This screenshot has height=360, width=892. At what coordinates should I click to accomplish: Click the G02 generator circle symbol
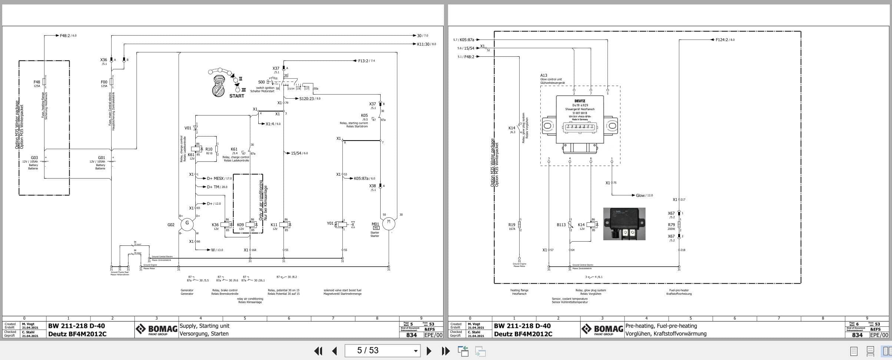click(x=187, y=224)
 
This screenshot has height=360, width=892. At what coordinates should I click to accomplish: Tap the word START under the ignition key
click(x=236, y=96)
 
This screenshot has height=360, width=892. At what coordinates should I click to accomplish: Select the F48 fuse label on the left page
click(x=37, y=82)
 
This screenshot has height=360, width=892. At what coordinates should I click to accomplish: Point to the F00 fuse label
click(x=104, y=82)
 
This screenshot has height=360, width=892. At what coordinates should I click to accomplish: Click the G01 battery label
click(x=102, y=158)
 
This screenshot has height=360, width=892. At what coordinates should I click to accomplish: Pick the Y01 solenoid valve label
click(x=330, y=223)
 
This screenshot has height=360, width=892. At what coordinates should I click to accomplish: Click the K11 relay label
click(x=274, y=225)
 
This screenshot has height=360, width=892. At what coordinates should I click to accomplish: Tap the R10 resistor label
click(x=209, y=149)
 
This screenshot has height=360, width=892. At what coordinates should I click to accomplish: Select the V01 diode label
click(x=188, y=128)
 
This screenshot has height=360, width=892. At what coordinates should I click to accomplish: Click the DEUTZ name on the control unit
click(x=580, y=101)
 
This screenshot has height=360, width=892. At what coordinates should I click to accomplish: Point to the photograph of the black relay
click(x=624, y=224)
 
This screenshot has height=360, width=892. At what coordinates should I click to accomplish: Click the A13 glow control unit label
click(x=544, y=75)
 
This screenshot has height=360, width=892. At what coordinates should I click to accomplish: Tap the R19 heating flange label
click(x=511, y=225)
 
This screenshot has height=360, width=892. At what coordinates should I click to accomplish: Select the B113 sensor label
click(x=561, y=225)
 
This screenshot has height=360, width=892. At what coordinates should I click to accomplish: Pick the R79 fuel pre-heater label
click(x=671, y=225)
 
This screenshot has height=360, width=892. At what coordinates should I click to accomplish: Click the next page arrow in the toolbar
click(x=429, y=351)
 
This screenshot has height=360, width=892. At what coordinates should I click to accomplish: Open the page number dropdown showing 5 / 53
click(x=415, y=351)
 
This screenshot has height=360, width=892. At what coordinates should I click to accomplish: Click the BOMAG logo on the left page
click(x=156, y=329)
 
